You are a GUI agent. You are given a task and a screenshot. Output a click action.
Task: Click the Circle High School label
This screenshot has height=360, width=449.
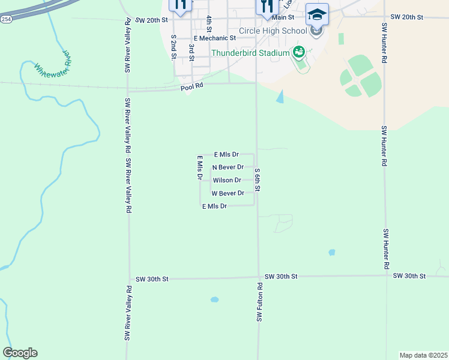[x=273, y=31]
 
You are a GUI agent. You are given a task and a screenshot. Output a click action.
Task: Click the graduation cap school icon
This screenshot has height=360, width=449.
[x=317, y=13]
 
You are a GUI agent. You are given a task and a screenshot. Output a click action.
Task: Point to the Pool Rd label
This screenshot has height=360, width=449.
[x=192, y=88]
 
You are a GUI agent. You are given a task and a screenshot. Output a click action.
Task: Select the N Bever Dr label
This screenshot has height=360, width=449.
[x=228, y=167]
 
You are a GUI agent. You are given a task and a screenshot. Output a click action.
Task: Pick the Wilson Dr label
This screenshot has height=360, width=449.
[x=227, y=180]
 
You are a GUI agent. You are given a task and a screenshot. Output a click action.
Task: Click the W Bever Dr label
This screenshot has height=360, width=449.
[x=228, y=193]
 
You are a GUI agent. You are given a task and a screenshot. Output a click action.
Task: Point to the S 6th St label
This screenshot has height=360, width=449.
[x=257, y=179]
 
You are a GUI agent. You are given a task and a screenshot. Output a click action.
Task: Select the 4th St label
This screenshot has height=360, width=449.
[x=209, y=24]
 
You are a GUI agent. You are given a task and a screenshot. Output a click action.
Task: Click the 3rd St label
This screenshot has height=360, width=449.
[x=191, y=52]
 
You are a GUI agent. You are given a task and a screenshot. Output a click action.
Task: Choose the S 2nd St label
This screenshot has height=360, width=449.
[x=173, y=47]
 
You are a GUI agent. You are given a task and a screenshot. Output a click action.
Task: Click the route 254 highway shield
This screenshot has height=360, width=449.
[x=6, y=19]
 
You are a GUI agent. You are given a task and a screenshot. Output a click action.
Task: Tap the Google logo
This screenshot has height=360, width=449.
[x=20, y=352]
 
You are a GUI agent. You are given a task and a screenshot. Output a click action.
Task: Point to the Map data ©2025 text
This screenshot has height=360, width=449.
[x=423, y=355]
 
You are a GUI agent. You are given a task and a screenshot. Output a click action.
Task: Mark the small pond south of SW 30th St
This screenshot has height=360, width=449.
[x=214, y=299]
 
